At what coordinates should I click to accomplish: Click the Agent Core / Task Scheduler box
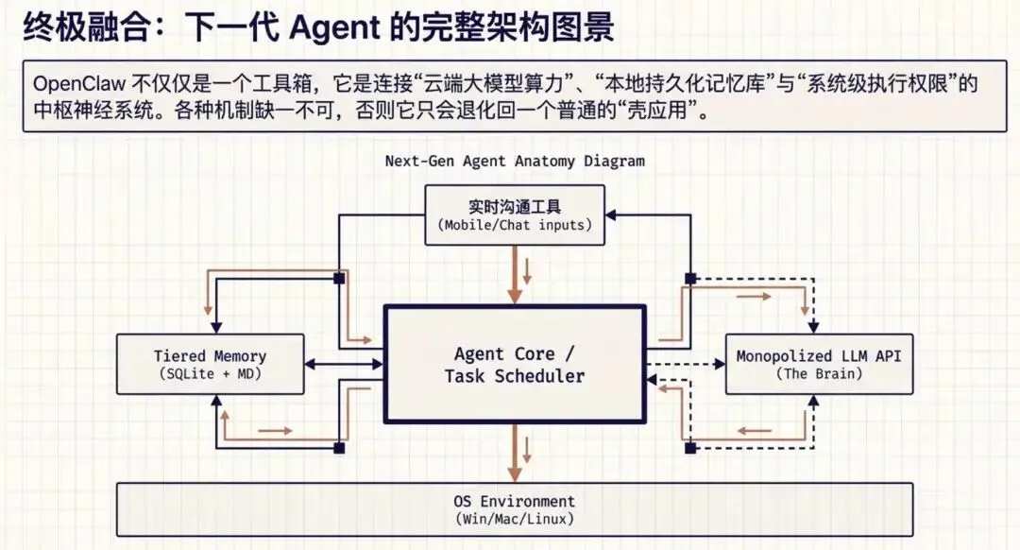(x=514, y=365)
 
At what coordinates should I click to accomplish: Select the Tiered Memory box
(x=210, y=364)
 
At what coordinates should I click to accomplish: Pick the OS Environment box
(x=514, y=509)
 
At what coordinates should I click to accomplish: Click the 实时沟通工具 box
(x=514, y=215)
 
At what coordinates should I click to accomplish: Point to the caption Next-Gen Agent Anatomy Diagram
(x=514, y=161)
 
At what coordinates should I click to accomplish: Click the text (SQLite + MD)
(x=210, y=374)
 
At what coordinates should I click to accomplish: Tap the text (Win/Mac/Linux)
(x=514, y=520)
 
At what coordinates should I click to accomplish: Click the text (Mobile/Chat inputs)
(x=514, y=225)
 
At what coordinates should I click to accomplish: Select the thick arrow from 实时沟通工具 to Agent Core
(x=514, y=274)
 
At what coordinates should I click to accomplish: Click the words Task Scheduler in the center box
(x=514, y=376)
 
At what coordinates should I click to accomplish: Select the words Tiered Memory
(x=210, y=356)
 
